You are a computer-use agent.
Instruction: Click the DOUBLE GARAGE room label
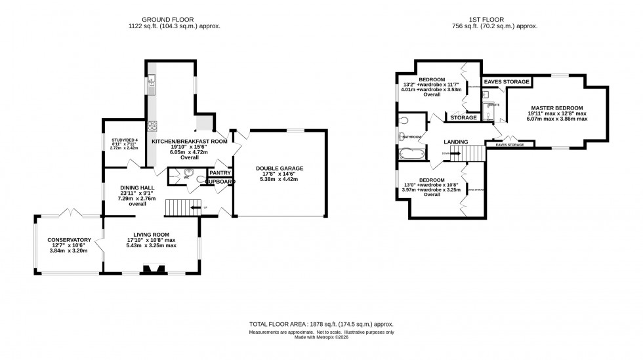pyautogui.click(x=279, y=169)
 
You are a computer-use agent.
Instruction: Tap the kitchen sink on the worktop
pyautogui.click(x=152, y=82)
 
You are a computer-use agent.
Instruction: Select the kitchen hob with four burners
pyautogui.click(x=152, y=127)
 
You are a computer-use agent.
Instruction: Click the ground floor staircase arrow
pyautogui.click(x=194, y=208)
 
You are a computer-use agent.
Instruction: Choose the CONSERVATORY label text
pyautogui.click(x=68, y=240)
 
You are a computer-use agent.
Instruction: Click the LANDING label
pyautogui.click(x=455, y=142)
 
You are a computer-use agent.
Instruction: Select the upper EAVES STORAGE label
pyautogui.click(x=507, y=82)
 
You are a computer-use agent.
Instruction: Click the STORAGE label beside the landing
pyautogui.click(x=463, y=117)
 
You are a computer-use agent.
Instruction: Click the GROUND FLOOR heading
pyautogui.click(x=174, y=19)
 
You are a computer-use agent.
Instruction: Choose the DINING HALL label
pyautogui.click(x=137, y=188)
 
